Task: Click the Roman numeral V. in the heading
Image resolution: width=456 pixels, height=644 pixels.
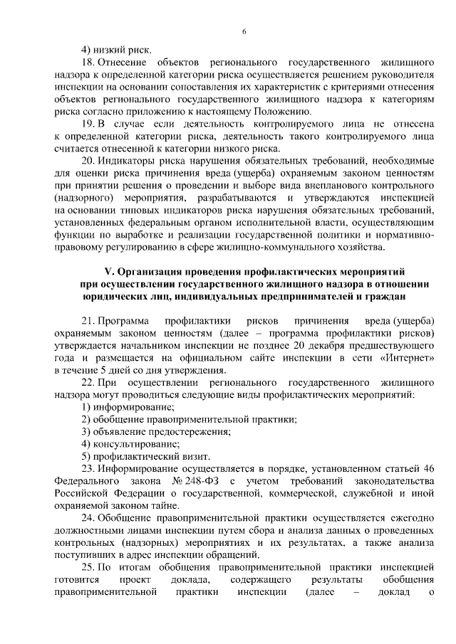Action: click(110, 272)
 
